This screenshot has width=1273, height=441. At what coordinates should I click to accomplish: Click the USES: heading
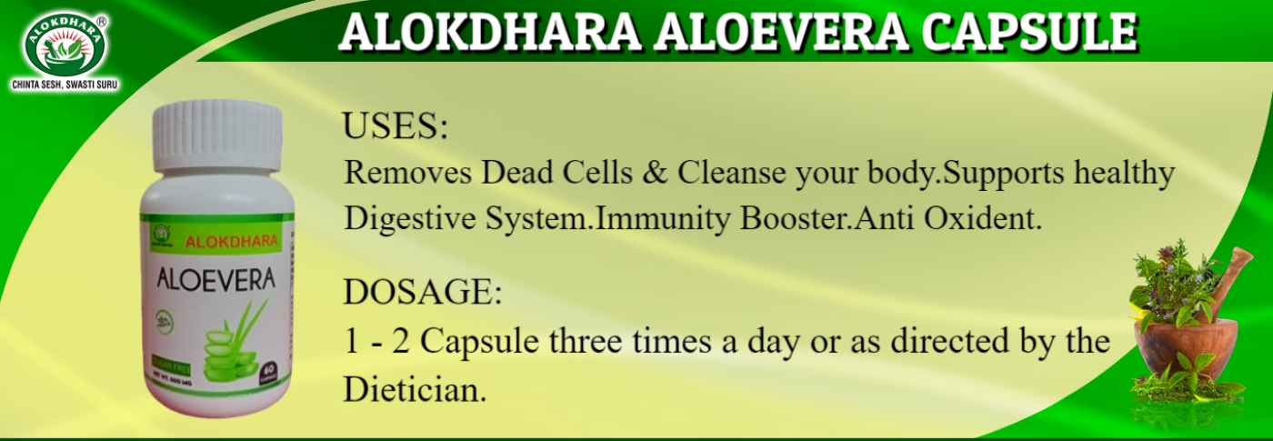395,126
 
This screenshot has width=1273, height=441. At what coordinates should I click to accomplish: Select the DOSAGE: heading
422,294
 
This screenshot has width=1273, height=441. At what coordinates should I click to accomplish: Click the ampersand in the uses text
654,173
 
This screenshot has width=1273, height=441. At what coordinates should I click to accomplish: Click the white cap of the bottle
217,135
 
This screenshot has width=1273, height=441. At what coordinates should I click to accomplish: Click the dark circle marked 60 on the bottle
270,372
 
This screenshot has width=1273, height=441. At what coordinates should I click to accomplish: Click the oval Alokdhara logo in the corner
65,44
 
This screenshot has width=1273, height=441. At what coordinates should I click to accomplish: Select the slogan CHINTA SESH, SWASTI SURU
65,85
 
